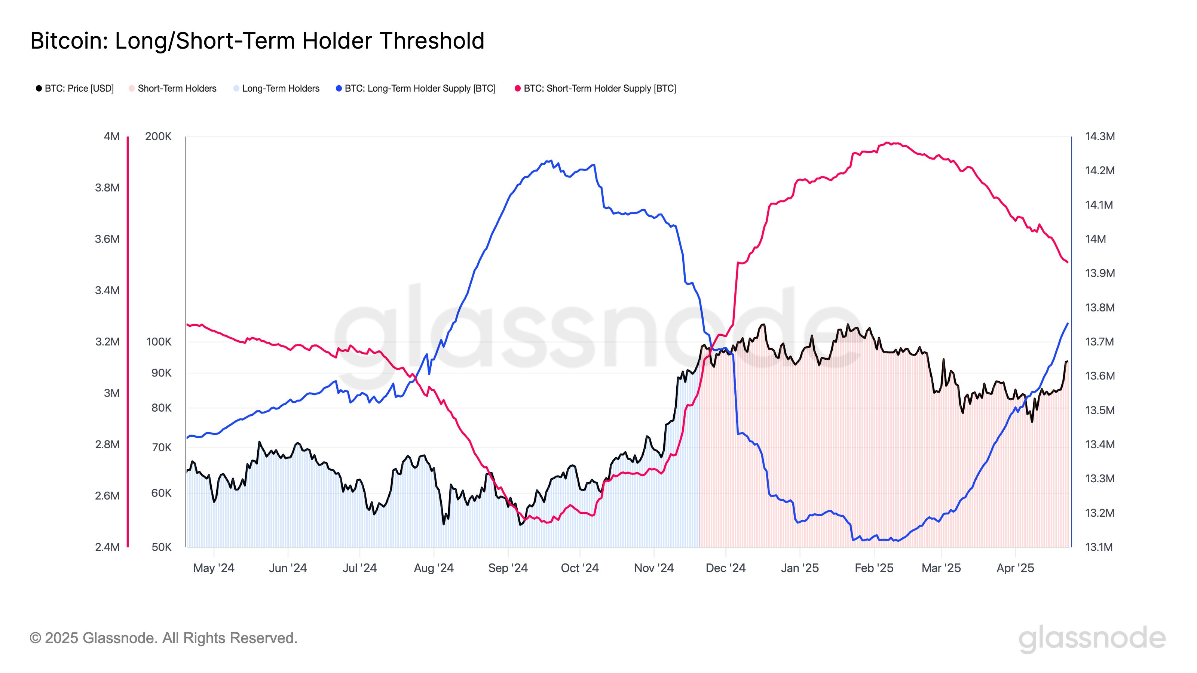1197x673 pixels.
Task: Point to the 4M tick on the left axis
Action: pyautogui.click(x=111, y=136)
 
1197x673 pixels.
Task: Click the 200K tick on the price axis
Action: pyautogui.click(x=158, y=136)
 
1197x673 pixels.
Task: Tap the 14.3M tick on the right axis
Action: pyautogui.click(x=1099, y=136)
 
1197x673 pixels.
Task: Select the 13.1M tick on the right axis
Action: pyautogui.click(x=1099, y=547)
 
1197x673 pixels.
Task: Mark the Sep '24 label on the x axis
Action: pyautogui.click(x=508, y=568)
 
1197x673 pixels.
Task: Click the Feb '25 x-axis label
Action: pyautogui.click(x=874, y=568)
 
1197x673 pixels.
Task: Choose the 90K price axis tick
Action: pyautogui.click(x=161, y=373)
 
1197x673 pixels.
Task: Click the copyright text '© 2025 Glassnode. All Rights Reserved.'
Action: pyautogui.click(x=163, y=638)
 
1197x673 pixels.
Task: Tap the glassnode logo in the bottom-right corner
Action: pyautogui.click(x=1092, y=639)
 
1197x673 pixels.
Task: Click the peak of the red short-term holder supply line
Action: pyautogui.click(x=888, y=142)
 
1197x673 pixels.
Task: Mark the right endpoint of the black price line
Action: pyautogui.click(x=1067, y=361)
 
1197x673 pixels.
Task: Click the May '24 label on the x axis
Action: pyautogui.click(x=214, y=568)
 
